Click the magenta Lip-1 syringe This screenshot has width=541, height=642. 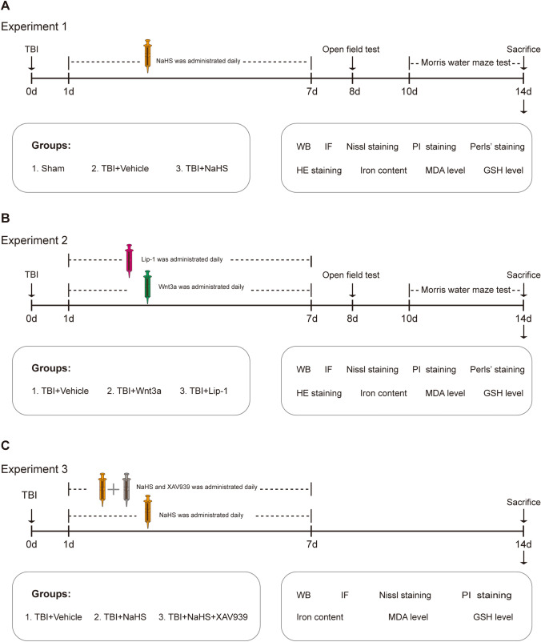(130, 260)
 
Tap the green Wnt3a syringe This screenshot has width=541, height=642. (148, 286)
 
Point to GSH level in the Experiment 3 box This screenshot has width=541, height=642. (487, 617)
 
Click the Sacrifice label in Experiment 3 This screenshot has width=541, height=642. (523, 502)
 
